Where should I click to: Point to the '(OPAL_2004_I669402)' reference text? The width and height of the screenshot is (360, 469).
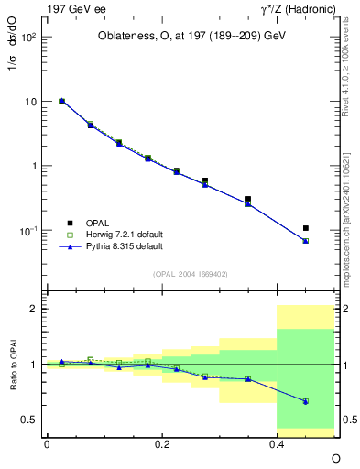(x=191, y=273)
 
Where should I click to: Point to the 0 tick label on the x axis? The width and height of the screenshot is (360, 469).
(x=47, y=443)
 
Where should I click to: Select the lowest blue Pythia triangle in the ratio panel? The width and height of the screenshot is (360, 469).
(x=306, y=401)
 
